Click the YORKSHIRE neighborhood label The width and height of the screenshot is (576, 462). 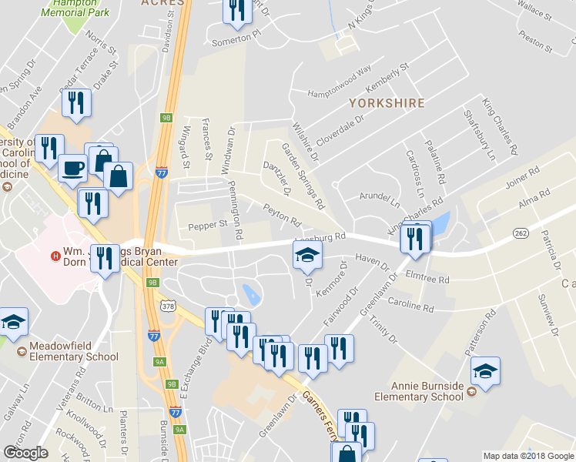pyautogui.click(x=387, y=102)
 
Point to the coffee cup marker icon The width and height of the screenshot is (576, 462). pyautogui.click(x=73, y=167)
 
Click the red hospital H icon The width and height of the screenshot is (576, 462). pyautogui.click(x=55, y=256)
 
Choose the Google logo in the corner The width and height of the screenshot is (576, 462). pyautogui.click(x=25, y=453)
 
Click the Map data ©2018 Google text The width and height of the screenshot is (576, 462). pyautogui.click(x=528, y=456)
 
